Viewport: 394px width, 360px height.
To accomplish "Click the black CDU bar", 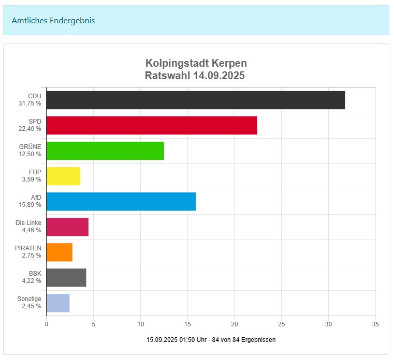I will [x=196, y=100].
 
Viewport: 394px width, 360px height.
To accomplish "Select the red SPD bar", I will [x=152, y=125].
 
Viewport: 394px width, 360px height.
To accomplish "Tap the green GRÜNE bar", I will [x=105, y=151].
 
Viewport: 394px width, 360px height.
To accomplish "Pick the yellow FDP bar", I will [x=63, y=176].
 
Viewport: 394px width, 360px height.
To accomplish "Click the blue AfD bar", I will [x=121, y=201].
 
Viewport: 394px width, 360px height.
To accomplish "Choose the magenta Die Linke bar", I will [x=67, y=227].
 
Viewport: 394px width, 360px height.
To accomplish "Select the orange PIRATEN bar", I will [x=60, y=252].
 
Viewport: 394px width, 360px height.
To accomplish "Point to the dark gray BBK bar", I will [x=66, y=277].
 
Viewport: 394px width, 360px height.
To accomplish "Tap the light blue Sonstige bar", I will [x=58, y=303].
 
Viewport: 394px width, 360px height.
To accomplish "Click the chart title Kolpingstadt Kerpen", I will [x=196, y=63].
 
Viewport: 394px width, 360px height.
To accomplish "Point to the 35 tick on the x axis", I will [x=375, y=324].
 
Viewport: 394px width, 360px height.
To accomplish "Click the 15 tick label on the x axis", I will [x=187, y=324].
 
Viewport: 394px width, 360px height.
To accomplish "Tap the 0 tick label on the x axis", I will [x=47, y=324].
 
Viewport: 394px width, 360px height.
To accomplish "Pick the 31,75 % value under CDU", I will [x=30, y=103].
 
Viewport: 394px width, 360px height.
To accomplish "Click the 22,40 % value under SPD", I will [x=30, y=129].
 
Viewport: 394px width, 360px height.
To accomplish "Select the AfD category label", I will [x=36, y=197].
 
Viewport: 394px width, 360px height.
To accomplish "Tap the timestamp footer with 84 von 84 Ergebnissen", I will [x=211, y=340].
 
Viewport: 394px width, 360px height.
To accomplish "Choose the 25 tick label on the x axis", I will [x=281, y=324].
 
